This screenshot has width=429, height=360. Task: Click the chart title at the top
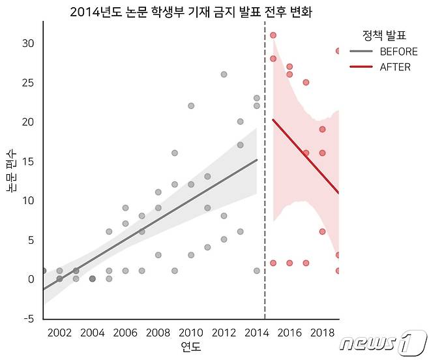pyautogui.click(x=191, y=12)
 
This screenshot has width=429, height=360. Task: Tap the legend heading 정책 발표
pyautogui.click(x=384, y=35)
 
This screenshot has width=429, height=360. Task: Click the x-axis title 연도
pyautogui.click(x=190, y=346)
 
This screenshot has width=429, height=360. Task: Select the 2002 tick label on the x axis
pyautogui.click(x=59, y=333)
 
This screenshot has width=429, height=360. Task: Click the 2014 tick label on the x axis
pyautogui.click(x=256, y=333)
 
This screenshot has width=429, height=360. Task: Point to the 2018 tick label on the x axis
pyautogui.click(x=322, y=333)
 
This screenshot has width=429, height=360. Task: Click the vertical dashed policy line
pyautogui.click(x=265, y=196)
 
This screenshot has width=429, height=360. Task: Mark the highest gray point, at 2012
pyautogui.click(x=224, y=74)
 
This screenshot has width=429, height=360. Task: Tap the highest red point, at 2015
pyautogui.click(x=273, y=35)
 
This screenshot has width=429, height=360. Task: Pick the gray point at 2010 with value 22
pyautogui.click(x=191, y=106)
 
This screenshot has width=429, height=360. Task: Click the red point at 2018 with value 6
pyautogui.click(x=322, y=232)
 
